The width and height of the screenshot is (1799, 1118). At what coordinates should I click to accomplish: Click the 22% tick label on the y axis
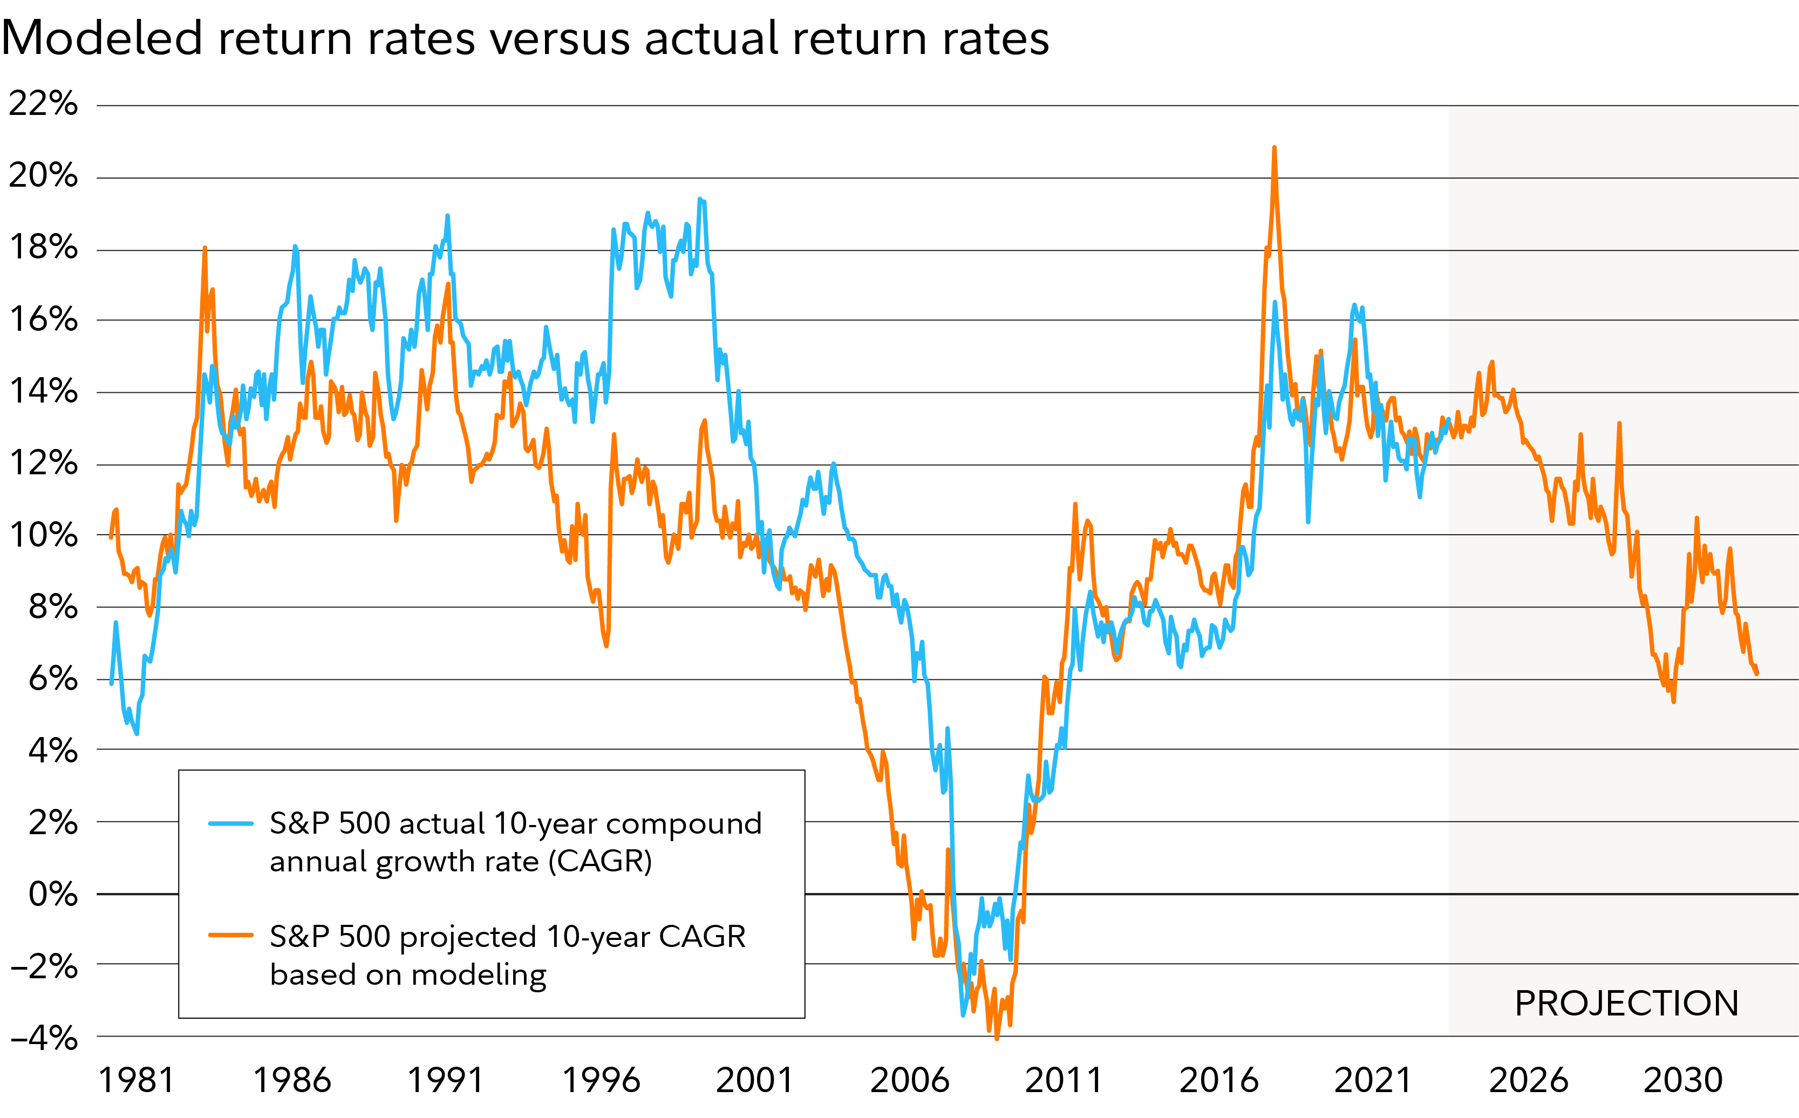point(43,104)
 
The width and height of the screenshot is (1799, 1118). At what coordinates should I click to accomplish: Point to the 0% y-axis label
point(53,894)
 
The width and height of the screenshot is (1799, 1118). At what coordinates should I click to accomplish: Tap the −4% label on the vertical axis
point(44,1038)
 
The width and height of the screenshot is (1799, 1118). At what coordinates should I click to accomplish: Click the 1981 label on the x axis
point(137,1080)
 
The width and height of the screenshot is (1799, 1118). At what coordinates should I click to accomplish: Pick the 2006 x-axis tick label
point(909,1080)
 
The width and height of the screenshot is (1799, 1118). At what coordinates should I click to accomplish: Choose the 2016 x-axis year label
point(1218,1080)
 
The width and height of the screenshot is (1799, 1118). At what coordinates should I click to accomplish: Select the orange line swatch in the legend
point(231,936)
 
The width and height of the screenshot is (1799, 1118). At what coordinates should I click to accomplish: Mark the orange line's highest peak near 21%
point(1274,148)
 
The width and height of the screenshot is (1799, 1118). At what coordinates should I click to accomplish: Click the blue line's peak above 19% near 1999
point(699,200)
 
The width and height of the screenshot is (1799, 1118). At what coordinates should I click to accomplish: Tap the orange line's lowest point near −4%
point(997,1038)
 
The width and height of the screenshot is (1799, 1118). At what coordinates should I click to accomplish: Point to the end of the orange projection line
point(1757,673)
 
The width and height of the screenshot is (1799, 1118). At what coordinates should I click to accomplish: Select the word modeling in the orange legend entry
point(479,974)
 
